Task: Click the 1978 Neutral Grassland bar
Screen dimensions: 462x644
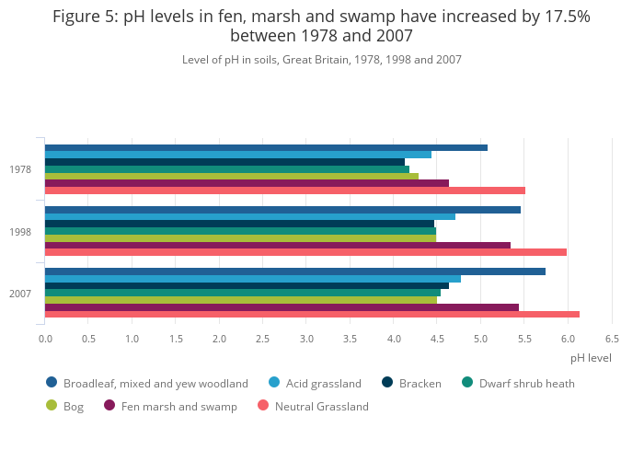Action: click(x=285, y=191)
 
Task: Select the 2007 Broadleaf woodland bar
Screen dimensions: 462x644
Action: click(x=294, y=271)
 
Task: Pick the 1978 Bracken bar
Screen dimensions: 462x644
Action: click(x=224, y=162)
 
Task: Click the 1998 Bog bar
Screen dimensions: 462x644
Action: click(x=240, y=237)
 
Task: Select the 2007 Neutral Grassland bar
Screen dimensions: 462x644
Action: click(x=312, y=314)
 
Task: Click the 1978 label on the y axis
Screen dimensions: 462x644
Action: click(x=20, y=169)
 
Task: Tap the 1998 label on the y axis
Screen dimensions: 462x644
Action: click(x=20, y=231)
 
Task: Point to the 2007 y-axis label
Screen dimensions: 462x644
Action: click(x=20, y=294)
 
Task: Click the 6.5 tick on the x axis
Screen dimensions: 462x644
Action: click(x=611, y=339)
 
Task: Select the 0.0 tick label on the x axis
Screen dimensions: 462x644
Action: click(x=45, y=339)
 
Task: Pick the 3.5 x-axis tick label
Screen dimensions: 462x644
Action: click(x=350, y=339)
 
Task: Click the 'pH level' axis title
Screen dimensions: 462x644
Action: click(x=590, y=358)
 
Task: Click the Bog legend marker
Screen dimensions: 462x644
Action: click(x=52, y=406)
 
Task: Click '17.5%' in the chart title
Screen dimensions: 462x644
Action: click(x=558, y=17)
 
